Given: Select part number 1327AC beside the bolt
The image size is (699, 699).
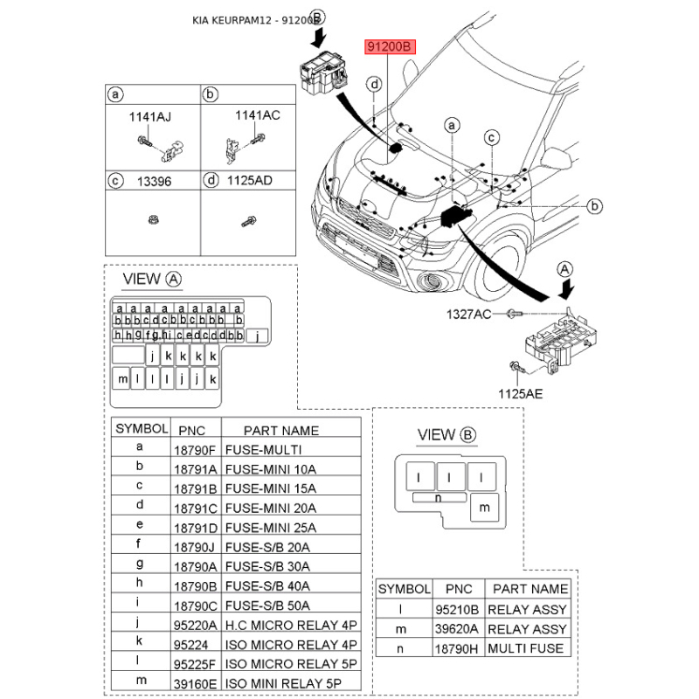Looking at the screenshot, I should tap(470, 314).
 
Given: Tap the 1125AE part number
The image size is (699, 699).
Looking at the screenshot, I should tap(521, 394).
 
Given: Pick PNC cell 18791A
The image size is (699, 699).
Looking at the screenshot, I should tap(195, 469).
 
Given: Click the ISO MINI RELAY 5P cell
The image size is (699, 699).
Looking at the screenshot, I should tap(291, 683).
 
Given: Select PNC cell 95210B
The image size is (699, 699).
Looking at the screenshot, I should tap(457, 610).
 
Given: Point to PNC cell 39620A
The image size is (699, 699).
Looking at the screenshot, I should tap(457, 629).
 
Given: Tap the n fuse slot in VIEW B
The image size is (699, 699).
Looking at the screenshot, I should tap(438, 497).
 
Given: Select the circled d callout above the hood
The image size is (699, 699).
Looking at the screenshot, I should tap(374, 85).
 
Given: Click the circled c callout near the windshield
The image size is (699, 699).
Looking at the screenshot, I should tap(492, 137).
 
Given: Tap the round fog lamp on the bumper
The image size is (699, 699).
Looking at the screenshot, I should tap(433, 281).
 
